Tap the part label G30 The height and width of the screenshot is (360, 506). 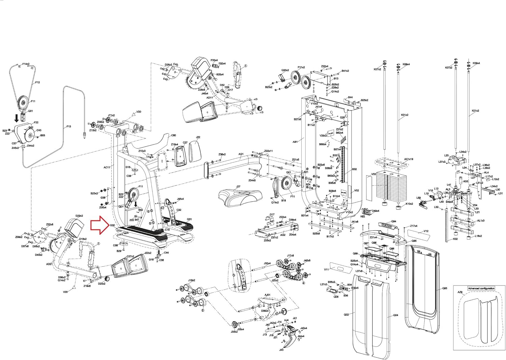tap(112, 225)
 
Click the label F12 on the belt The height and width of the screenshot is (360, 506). tap(37, 82)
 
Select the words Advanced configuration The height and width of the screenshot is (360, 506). tap(481, 289)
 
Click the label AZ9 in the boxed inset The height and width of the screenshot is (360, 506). tap(460, 293)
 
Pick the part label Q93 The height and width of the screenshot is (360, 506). tap(445, 289)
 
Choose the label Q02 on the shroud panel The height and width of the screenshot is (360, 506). tap(346, 314)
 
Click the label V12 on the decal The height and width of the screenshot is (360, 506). tap(426, 231)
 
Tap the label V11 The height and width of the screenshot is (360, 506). tap(326, 270)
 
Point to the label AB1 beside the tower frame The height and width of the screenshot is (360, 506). tap(295, 142)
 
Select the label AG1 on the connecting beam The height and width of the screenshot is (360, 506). tap(241, 154)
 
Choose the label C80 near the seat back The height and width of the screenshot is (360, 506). tap(173, 136)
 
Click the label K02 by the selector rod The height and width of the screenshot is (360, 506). tap(455, 239)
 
